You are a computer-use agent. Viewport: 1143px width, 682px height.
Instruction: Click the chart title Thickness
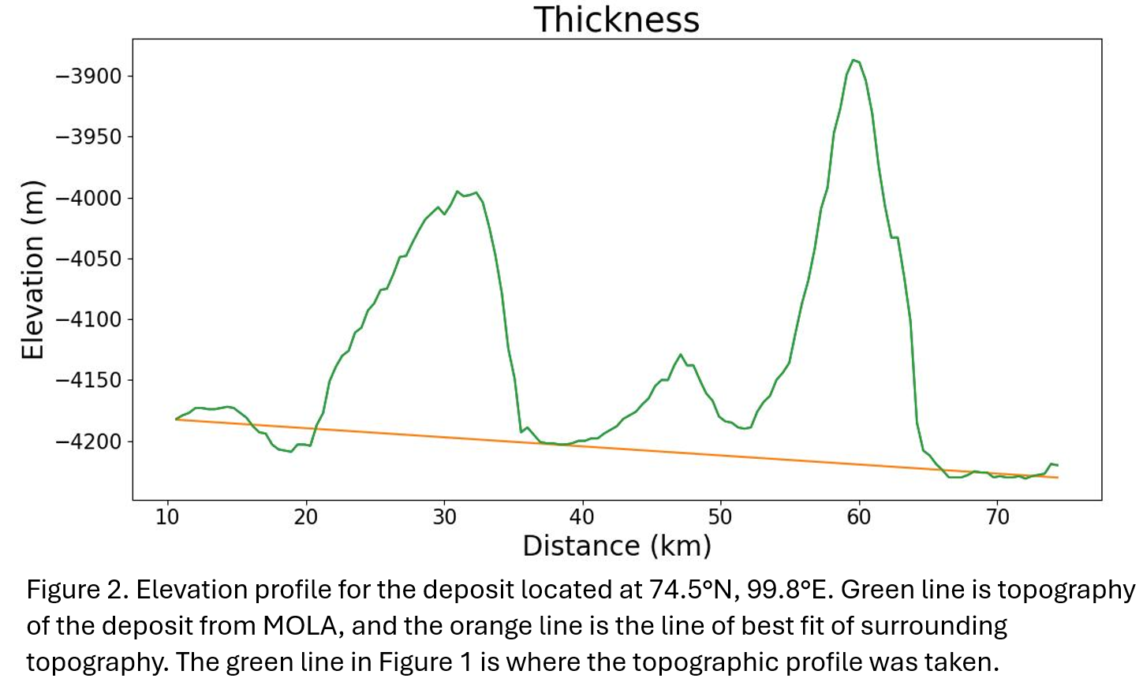(x=616, y=20)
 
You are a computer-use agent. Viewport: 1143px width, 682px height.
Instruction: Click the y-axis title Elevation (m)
(x=32, y=270)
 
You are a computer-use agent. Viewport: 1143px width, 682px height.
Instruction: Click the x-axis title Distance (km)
(x=616, y=546)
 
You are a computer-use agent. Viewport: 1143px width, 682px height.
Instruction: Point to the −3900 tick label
(x=88, y=76)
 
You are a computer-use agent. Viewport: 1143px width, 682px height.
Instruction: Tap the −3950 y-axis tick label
(x=88, y=137)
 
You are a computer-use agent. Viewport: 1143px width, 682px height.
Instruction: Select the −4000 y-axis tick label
(x=88, y=198)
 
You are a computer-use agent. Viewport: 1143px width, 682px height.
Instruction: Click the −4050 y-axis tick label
(x=88, y=259)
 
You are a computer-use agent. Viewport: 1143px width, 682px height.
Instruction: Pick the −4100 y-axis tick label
(x=88, y=319)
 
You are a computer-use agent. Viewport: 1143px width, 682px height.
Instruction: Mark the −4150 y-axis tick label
(x=88, y=380)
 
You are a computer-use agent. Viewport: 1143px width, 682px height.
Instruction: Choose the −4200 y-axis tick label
(x=88, y=442)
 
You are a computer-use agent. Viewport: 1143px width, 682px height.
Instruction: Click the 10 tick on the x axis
(x=167, y=517)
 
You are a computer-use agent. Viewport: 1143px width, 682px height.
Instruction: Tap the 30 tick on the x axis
(x=444, y=517)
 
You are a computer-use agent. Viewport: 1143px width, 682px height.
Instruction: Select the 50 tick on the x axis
(x=720, y=517)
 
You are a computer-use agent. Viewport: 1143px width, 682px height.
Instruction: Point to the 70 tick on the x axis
(x=997, y=517)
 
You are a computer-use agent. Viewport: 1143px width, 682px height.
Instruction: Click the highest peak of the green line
(x=854, y=59)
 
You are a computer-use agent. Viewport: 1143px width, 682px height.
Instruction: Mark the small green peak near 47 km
(x=680, y=355)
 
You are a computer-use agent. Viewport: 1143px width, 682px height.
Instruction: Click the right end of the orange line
(x=1057, y=478)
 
